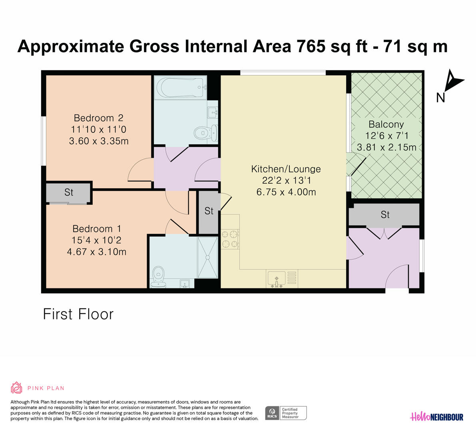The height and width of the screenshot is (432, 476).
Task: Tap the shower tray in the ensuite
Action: coord(207,258)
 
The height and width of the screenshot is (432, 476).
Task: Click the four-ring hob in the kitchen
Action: coord(230,239)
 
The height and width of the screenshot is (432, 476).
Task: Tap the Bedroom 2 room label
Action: coord(98,118)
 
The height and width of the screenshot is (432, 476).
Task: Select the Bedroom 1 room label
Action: coord(97,229)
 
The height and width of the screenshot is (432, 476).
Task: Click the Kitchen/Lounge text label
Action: coord(286,169)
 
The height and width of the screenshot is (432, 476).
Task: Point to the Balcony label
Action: coord(386,124)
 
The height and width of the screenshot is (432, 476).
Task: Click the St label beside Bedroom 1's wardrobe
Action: coord(69,192)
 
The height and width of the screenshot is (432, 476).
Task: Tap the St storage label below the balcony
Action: coord(385,215)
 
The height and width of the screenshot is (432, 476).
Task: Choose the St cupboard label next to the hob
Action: coord(209,211)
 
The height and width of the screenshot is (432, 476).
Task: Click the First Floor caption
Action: coord(78,314)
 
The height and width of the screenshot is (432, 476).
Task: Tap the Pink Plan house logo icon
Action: coord(16,388)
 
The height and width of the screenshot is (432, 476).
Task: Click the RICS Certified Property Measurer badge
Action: coord(286,413)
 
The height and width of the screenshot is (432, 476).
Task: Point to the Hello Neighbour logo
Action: coord(436,417)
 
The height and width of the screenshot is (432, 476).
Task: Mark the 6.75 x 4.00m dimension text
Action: coord(286,192)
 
